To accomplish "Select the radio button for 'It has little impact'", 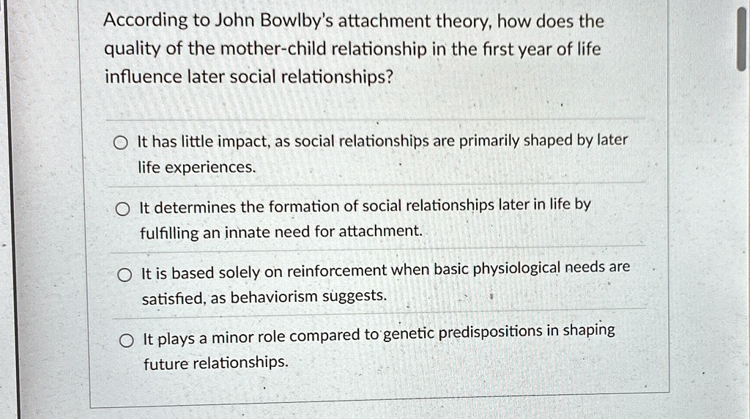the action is [121, 143].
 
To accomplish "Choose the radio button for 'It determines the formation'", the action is [122, 209].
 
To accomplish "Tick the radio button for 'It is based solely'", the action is [125, 275].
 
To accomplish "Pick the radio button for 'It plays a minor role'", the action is [126, 341].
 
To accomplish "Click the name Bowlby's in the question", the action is [274, 21].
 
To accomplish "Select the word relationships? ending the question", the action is [337, 77].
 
